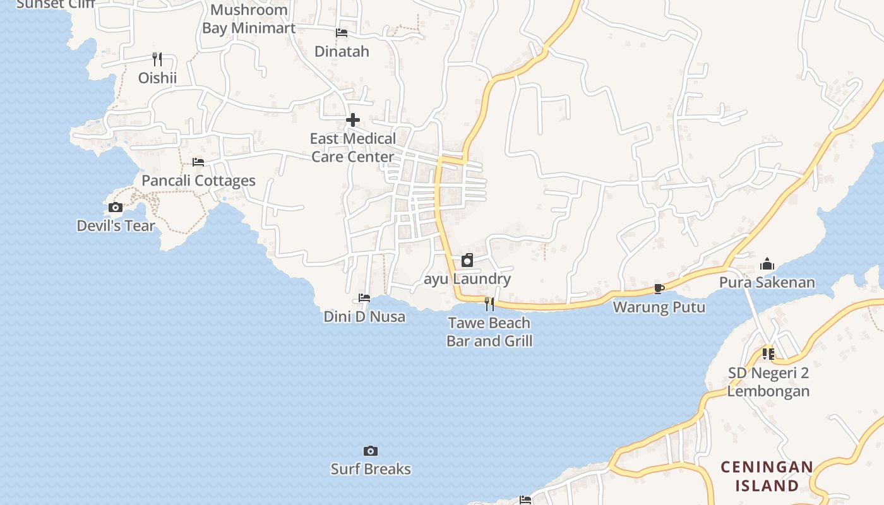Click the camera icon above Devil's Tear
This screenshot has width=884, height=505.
116,207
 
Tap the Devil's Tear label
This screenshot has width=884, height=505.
116,225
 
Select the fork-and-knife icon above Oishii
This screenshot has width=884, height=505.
157,59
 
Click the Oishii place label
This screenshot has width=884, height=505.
157,78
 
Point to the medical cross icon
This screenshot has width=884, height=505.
353,120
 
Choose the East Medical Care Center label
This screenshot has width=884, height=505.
353,147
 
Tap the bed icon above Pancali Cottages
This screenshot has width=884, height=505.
198,162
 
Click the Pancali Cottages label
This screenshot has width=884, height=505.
198,181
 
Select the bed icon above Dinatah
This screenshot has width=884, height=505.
342,33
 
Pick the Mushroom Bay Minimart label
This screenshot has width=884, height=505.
249,19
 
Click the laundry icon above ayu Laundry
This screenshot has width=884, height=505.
467,260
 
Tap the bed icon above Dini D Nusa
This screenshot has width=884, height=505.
364,298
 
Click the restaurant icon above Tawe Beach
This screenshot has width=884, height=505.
489,304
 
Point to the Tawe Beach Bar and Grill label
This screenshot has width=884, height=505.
489,332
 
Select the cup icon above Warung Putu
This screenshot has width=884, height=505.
659,289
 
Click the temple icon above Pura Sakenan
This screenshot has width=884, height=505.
767,264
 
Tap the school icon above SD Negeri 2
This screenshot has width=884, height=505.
768,354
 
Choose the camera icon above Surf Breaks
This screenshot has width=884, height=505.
371,451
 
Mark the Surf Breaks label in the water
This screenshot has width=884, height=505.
371,469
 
